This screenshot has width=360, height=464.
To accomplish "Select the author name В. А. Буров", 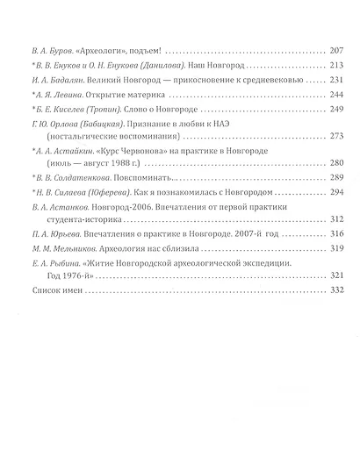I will [48, 51].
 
